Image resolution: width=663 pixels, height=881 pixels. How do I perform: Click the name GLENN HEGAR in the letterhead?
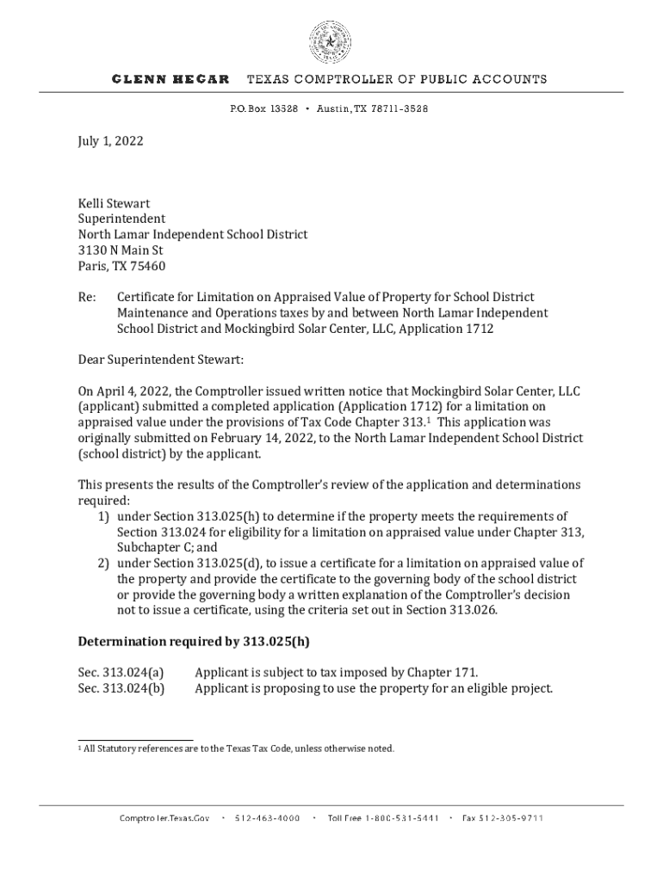click(x=170, y=79)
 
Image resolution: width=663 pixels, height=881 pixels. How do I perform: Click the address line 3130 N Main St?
click(x=121, y=250)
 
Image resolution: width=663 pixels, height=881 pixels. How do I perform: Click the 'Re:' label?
click(x=88, y=297)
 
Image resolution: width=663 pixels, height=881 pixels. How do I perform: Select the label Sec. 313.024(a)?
click(x=121, y=672)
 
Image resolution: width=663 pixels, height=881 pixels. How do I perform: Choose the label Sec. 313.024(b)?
click(x=121, y=687)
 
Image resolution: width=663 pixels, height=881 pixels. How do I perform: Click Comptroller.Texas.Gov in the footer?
click(x=164, y=818)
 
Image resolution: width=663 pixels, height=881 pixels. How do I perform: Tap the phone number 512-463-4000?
click(x=267, y=818)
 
